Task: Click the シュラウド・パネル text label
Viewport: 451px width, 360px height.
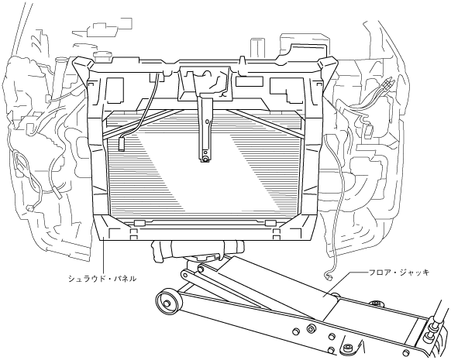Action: point(102,279)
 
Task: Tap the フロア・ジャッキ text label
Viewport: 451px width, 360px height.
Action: point(399,272)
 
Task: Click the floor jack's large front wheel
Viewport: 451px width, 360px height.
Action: point(169,302)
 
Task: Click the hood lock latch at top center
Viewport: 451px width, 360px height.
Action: point(205,83)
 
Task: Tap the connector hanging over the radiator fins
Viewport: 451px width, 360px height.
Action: point(122,143)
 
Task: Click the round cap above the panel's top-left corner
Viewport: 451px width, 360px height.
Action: point(103,56)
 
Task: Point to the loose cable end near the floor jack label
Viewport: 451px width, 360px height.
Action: point(329,277)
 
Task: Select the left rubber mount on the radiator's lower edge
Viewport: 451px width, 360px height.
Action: point(139,223)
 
